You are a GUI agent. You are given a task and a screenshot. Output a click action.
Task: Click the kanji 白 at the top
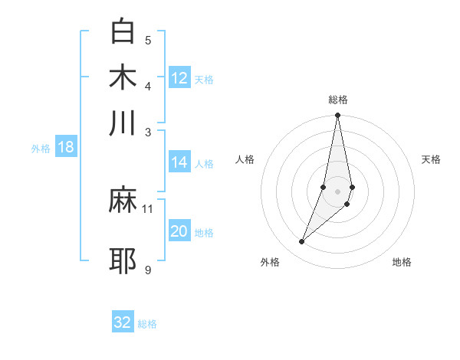tap(123, 31)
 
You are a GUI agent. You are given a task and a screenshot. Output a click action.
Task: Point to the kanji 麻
tap(123, 201)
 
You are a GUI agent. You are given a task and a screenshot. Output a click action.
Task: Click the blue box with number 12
tap(179, 78)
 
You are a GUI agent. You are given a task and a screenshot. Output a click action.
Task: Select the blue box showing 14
tap(179, 162)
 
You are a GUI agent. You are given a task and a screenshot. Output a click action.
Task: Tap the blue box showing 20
tap(179, 231)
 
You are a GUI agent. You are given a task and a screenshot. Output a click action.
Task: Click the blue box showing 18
tap(66, 148)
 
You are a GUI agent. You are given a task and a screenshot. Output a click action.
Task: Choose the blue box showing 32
tap(123, 322)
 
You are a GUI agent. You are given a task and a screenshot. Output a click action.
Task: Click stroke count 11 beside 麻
tap(148, 208)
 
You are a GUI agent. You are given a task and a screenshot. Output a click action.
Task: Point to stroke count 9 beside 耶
tap(147, 270)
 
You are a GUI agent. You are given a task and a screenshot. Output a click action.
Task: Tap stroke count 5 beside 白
tap(148, 41)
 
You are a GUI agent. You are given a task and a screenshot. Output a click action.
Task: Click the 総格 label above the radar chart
tap(338, 100)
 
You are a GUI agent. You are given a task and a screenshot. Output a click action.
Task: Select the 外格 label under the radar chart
tap(270, 262)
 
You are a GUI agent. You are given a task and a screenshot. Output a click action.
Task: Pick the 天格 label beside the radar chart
tap(432, 159)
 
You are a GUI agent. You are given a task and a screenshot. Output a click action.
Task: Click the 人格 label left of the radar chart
tap(245, 159)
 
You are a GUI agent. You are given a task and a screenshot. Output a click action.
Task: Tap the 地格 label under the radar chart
tap(402, 262)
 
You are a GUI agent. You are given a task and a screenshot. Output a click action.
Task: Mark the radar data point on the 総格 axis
tap(338, 116)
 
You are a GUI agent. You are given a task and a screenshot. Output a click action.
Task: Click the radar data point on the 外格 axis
tap(302, 242)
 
